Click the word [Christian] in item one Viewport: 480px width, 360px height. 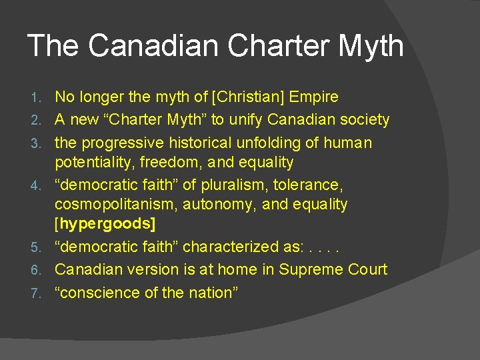click(x=249, y=97)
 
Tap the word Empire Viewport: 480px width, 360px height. click(x=313, y=97)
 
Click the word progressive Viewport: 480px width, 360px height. click(x=121, y=143)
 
